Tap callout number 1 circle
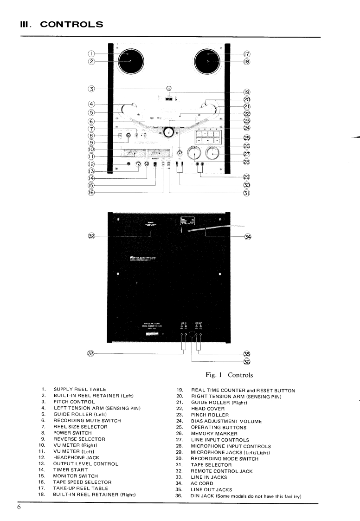click(92, 54)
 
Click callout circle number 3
click(92, 88)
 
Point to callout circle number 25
click(247, 138)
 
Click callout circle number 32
click(92, 236)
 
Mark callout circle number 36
click(247, 361)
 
